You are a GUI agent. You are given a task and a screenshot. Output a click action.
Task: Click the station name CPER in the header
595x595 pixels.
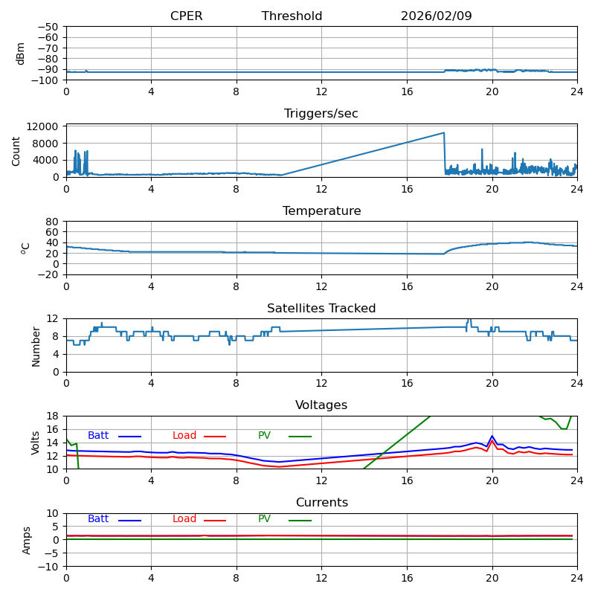[x=186, y=16]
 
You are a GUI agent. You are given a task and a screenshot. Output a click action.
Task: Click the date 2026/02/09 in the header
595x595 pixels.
[x=436, y=16]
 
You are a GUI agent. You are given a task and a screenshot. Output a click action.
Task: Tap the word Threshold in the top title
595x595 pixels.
[x=292, y=16]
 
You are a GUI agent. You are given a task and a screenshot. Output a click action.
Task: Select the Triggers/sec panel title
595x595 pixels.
[x=321, y=114]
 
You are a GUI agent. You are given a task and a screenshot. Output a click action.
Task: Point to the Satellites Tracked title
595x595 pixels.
[x=321, y=309]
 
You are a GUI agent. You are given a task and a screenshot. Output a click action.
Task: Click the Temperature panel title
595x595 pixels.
[x=321, y=211]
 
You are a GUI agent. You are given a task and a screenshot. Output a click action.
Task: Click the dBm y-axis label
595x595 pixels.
[x=21, y=54]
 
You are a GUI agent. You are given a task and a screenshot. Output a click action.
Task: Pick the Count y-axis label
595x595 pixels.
[x=16, y=151]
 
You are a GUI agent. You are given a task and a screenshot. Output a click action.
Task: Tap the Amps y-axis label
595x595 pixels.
[x=27, y=540]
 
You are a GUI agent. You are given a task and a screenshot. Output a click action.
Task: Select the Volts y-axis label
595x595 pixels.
[x=36, y=443]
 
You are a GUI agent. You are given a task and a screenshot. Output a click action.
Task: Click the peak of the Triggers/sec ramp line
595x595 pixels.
[x=444, y=133]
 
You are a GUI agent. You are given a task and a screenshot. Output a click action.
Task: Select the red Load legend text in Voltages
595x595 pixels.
[x=184, y=436]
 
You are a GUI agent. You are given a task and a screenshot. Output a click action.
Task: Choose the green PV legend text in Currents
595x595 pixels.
[x=264, y=519]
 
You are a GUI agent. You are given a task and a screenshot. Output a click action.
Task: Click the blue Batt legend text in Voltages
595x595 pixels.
[x=98, y=436]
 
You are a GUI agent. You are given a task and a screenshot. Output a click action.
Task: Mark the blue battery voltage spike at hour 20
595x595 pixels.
[x=492, y=436]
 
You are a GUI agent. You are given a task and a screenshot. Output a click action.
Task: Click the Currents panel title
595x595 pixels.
[x=321, y=503]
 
